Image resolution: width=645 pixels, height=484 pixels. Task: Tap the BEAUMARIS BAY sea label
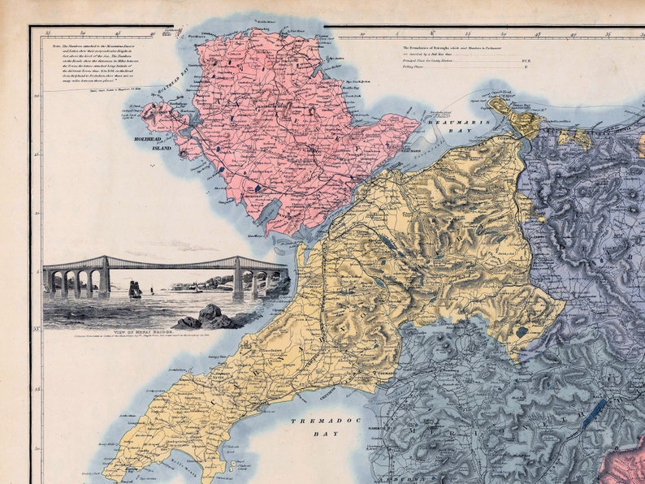(451, 122)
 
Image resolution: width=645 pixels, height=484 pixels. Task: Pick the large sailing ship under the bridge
(135, 289)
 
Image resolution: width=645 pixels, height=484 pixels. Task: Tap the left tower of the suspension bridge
(104, 273)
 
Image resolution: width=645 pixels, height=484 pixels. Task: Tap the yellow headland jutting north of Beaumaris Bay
(517, 117)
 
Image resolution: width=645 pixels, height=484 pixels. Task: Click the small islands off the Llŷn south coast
(233, 467)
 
